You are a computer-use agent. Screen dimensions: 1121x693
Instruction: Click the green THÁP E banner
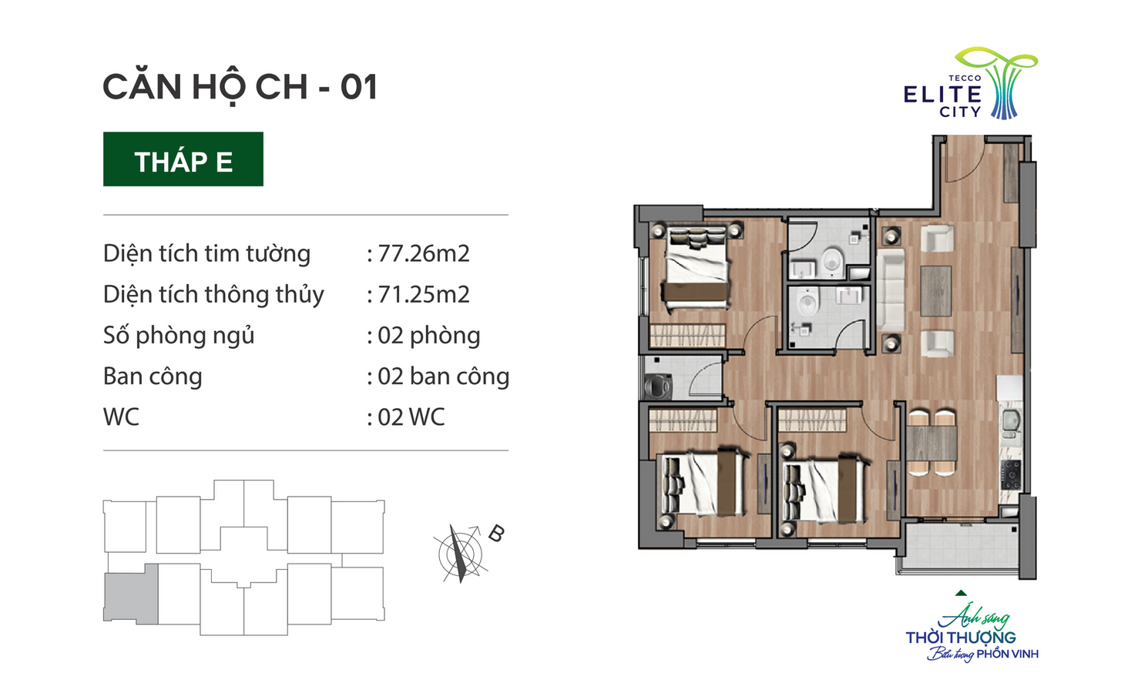pos(183,159)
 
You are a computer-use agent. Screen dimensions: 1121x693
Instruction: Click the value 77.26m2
pos(424,253)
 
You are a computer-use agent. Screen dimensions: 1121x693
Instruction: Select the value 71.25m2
pos(424,294)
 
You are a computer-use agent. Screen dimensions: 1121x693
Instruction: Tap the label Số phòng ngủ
pos(179,336)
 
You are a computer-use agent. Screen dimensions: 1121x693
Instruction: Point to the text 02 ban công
pos(444,376)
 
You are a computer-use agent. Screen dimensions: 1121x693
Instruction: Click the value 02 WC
pos(411,417)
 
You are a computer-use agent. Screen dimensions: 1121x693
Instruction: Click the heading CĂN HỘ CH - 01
pos(240,86)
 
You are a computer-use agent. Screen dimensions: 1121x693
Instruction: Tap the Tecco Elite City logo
pos(970,84)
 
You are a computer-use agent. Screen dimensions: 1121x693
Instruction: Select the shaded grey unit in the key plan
pos(131,594)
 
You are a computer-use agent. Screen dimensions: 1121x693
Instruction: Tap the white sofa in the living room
pos(891,290)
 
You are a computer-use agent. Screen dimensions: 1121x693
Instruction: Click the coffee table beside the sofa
pos(936,290)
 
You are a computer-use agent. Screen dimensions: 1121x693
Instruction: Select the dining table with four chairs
pos(931,443)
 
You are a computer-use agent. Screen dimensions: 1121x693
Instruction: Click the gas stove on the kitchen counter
pos(1010,475)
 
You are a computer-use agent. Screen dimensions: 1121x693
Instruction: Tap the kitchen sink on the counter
pos(1010,420)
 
